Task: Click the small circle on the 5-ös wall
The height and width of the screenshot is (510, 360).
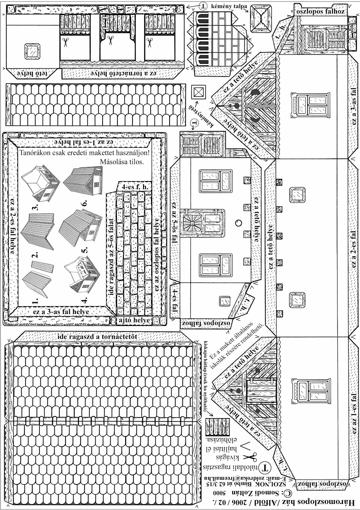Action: (238, 222)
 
